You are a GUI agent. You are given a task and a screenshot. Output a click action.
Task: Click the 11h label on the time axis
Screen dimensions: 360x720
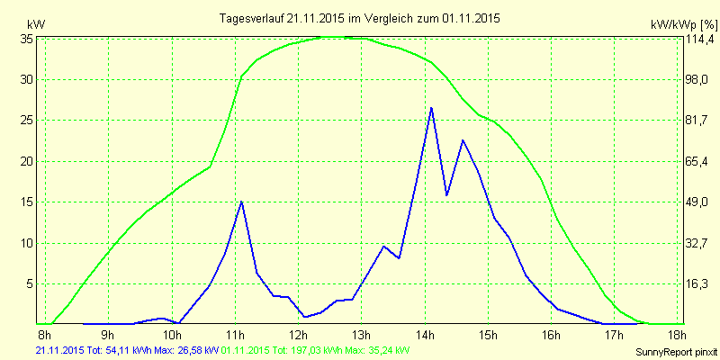coord(237,336)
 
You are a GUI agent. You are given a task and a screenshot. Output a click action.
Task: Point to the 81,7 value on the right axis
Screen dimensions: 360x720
coord(698,121)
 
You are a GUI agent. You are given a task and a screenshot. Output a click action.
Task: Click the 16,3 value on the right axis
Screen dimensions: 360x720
coord(698,283)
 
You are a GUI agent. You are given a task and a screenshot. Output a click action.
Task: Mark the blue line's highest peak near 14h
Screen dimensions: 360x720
coord(431,108)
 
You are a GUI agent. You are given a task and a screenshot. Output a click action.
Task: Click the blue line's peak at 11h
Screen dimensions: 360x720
coord(241,202)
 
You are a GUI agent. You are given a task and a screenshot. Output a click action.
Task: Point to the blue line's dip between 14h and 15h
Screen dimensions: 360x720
coord(446,194)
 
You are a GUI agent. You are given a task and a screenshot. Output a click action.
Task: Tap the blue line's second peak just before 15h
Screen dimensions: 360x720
coord(463,140)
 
